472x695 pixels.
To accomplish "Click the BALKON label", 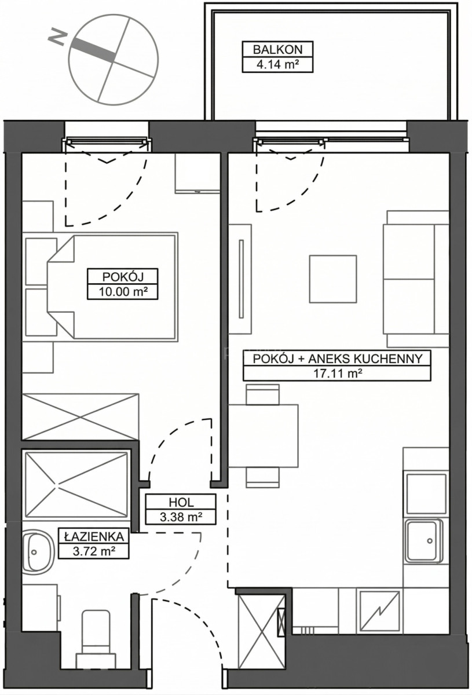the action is tap(277, 49).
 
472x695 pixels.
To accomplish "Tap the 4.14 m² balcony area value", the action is tap(277, 64).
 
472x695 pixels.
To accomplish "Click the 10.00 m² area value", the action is tap(123, 291).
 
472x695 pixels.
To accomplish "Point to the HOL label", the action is tap(181, 502).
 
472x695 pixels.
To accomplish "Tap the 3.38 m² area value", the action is tap(181, 517).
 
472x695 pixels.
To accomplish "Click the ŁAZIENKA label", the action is tap(94, 536).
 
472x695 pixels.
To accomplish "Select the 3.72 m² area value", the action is tap(94, 551).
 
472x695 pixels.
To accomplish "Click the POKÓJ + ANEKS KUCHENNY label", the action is tap(338, 359).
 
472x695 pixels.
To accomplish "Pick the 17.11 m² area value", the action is tap(338, 374).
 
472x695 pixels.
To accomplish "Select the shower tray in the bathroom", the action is tap(76, 485).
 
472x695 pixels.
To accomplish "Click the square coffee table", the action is tap(332, 279).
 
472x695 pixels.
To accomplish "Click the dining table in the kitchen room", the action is tap(264, 436).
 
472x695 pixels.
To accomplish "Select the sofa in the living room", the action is tap(416, 279).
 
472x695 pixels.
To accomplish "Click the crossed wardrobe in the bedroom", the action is tap(81, 416).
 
